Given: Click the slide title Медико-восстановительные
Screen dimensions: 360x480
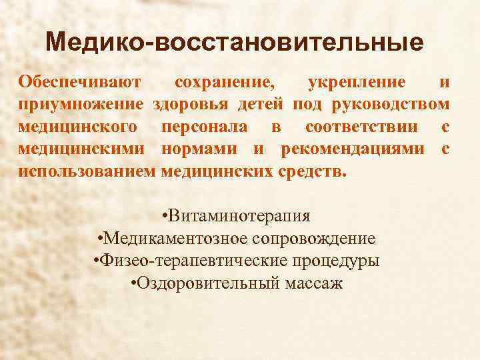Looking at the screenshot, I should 235,43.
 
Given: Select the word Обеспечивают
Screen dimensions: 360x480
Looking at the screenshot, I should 79,83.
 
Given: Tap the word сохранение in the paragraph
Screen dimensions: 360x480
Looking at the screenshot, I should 223,83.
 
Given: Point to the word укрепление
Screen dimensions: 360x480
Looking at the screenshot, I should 357,83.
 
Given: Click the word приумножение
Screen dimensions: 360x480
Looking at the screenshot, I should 81,105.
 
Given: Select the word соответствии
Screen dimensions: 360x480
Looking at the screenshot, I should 362,126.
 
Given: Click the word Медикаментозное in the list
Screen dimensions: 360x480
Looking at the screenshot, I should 167,239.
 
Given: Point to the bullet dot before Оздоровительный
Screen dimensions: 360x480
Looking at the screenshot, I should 135,283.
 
